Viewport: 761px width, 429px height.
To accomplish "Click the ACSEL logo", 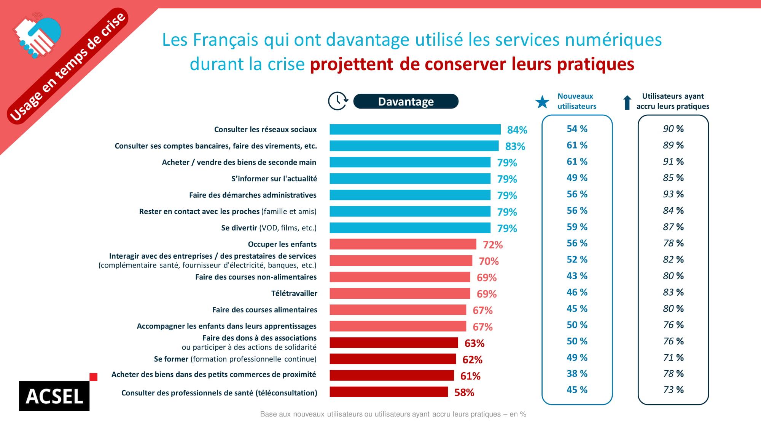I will click(54, 396).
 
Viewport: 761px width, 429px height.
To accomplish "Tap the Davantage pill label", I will click(406, 101).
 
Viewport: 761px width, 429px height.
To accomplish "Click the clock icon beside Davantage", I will click(338, 101).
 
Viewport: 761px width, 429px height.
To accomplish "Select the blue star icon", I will click(542, 102).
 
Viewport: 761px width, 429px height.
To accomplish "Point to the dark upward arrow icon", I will click(627, 102).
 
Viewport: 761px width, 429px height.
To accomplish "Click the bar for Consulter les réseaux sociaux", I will click(415, 130).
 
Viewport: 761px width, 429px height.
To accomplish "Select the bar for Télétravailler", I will click(400, 293).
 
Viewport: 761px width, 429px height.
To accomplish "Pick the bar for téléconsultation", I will click(388, 392).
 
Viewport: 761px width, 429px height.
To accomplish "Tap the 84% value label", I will click(517, 130).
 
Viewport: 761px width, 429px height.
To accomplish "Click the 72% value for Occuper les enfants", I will click(493, 245).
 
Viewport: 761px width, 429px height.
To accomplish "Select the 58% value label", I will click(464, 392).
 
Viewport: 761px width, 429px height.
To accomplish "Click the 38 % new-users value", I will click(577, 373).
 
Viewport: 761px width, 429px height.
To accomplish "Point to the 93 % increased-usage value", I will click(673, 194).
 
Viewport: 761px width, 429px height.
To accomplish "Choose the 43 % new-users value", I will click(577, 276).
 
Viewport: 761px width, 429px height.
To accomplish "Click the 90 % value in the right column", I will click(673, 129).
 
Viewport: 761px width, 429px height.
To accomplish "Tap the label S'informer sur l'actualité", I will click(274, 179).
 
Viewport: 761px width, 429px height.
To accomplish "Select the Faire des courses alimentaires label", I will click(264, 310).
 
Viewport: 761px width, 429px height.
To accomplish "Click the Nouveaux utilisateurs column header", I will click(576, 101).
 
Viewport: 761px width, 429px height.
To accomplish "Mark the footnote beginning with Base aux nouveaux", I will click(393, 414).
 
